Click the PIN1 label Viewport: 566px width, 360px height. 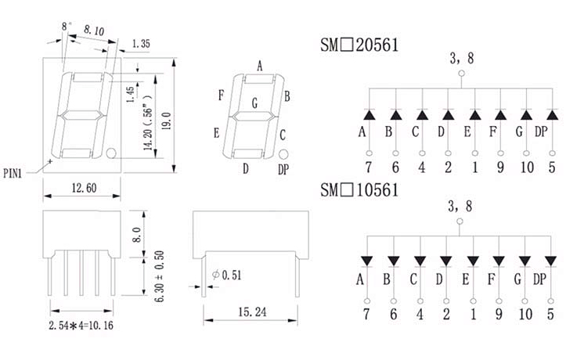tap(13, 174)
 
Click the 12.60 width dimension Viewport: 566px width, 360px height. tap(84, 188)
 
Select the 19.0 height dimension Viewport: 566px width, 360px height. tap(167, 121)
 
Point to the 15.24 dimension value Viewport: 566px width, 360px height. tap(252, 311)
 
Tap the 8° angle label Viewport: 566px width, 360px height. tap(66, 27)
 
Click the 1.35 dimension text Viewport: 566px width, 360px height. tap(141, 44)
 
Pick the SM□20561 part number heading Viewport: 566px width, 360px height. tap(359, 45)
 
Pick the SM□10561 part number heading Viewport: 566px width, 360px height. tap(359, 190)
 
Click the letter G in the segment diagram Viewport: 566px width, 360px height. tap(255, 103)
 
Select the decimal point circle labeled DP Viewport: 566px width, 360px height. tap(283, 155)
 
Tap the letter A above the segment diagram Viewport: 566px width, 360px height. tap(260, 67)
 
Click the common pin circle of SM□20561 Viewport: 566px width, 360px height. tap(461, 74)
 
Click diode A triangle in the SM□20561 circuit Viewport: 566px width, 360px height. tap(369, 115)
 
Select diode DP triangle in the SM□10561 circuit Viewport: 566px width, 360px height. tap(550, 261)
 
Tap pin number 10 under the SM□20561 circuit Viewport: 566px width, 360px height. tap(527, 167)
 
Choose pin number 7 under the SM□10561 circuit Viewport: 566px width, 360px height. tap(366, 314)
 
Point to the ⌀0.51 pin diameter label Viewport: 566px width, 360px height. tap(226, 275)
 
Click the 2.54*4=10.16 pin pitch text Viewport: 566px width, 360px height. tap(81, 326)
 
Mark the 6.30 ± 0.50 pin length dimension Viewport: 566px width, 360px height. tap(160, 276)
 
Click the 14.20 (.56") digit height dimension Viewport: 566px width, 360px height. tap(148, 123)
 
